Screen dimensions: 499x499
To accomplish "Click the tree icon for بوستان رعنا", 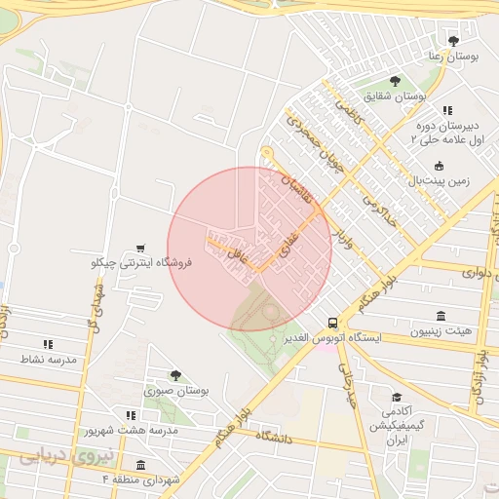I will coord(452,40).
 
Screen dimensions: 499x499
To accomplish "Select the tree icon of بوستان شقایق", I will coord(395,81).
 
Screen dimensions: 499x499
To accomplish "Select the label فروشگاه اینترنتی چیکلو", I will coord(143,262).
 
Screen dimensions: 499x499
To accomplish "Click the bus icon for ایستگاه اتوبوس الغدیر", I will coord(333,323).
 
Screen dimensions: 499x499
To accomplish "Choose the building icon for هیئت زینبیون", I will coord(441,316).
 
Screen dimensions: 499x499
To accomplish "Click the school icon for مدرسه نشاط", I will coord(47,344).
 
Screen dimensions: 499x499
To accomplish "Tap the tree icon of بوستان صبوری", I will coord(175,375).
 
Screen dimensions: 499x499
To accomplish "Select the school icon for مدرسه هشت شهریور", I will coord(131,416).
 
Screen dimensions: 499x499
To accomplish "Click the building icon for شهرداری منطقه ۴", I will coord(141,465).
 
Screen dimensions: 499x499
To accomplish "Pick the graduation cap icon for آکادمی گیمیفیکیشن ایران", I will coord(396,397).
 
